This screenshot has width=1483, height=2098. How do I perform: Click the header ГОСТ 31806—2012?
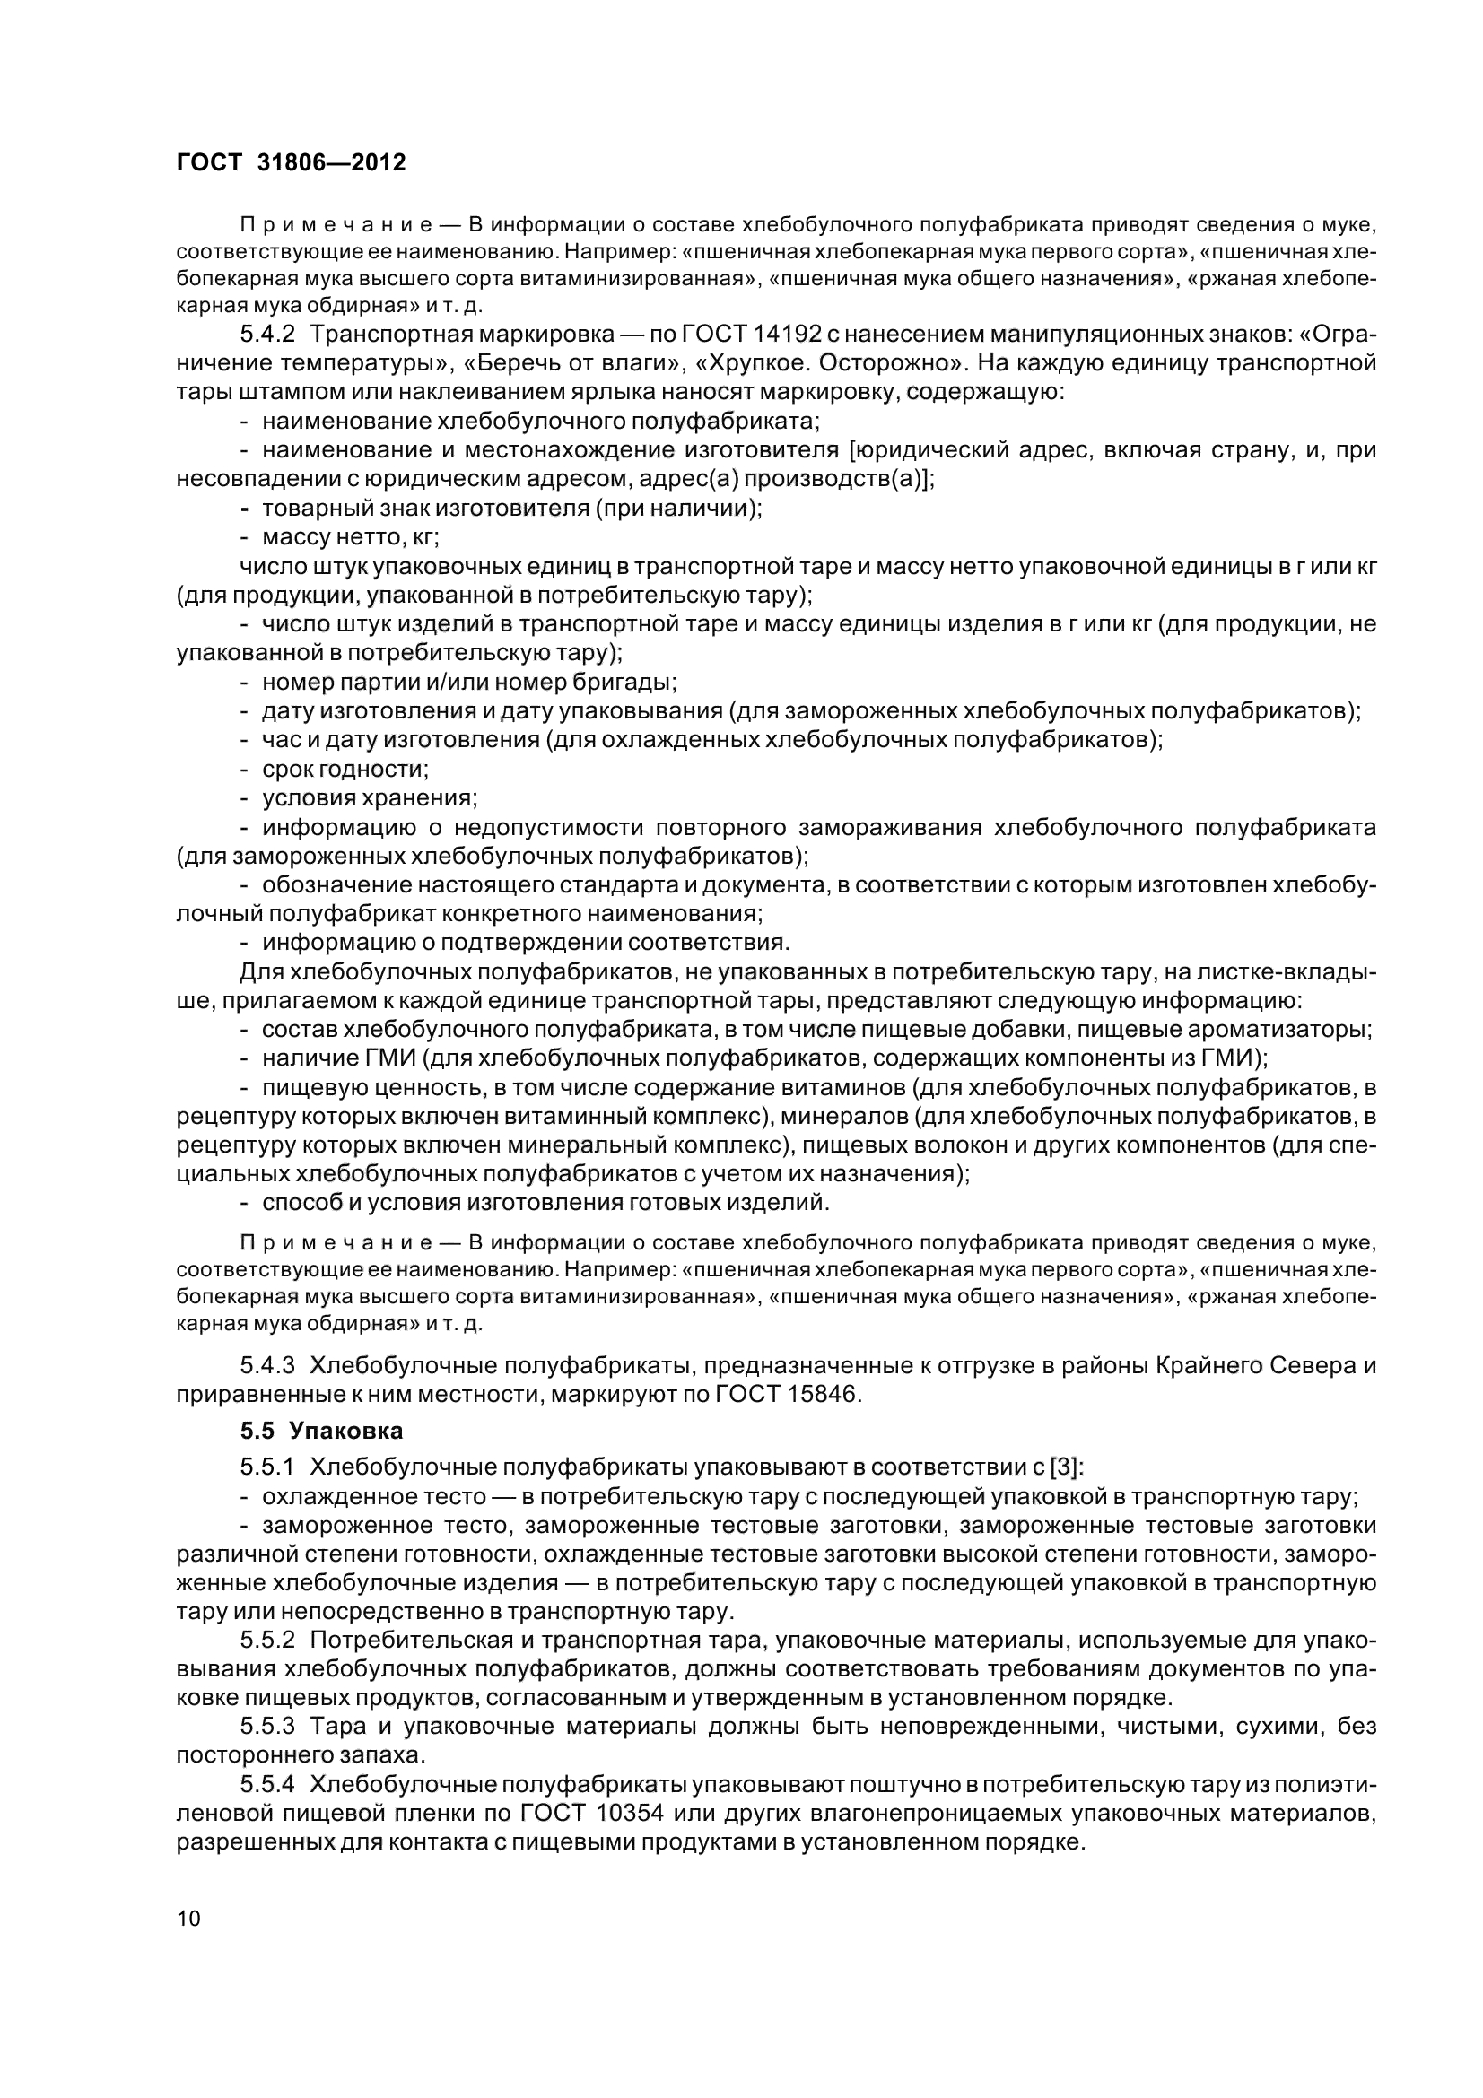click(x=291, y=162)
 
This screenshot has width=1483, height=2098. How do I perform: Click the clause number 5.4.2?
click(x=266, y=335)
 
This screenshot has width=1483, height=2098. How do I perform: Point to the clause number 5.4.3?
click(x=266, y=1366)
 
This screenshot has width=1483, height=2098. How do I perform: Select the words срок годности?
click(x=345, y=770)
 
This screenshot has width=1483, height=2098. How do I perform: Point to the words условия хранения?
click(x=369, y=797)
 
